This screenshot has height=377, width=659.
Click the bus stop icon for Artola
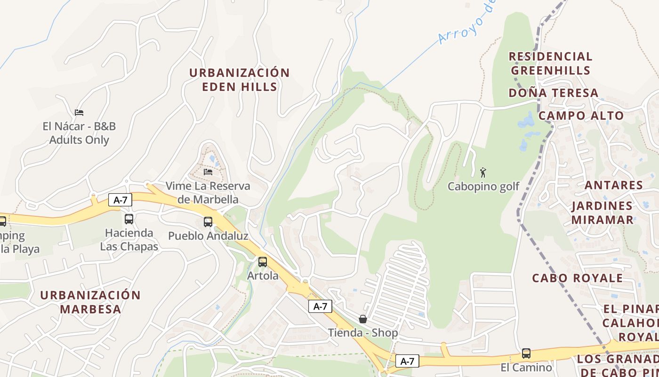pyautogui.click(x=263, y=262)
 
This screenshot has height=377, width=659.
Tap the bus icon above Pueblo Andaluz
pyautogui.click(x=208, y=222)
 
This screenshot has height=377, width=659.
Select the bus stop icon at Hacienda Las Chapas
pyautogui.click(x=129, y=219)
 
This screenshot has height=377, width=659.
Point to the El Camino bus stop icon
pyautogui.click(x=526, y=353)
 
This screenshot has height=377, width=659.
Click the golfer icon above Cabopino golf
pyautogui.click(x=483, y=172)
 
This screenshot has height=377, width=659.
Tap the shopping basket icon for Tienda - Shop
pyautogui.click(x=363, y=319)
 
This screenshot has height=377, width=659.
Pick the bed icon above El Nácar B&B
pyautogui.click(x=79, y=113)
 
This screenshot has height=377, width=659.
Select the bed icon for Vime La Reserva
pyautogui.click(x=208, y=172)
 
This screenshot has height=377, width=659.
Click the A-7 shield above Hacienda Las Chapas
pyautogui.click(x=121, y=200)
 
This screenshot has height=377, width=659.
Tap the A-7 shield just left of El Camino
pyautogui.click(x=407, y=361)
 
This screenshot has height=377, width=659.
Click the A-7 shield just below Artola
pyautogui.click(x=320, y=307)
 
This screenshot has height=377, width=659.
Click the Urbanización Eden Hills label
pyautogui.click(x=239, y=80)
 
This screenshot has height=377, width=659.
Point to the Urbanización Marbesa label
pyautogui.click(x=90, y=302)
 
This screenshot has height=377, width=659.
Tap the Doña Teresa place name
pyautogui.click(x=554, y=93)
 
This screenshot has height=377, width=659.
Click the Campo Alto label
pyautogui.click(x=581, y=115)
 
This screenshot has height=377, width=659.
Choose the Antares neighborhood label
pyautogui.click(x=614, y=185)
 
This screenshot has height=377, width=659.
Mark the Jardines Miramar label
pyautogui.click(x=603, y=213)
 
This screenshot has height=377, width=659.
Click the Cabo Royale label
pyautogui.click(x=578, y=278)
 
